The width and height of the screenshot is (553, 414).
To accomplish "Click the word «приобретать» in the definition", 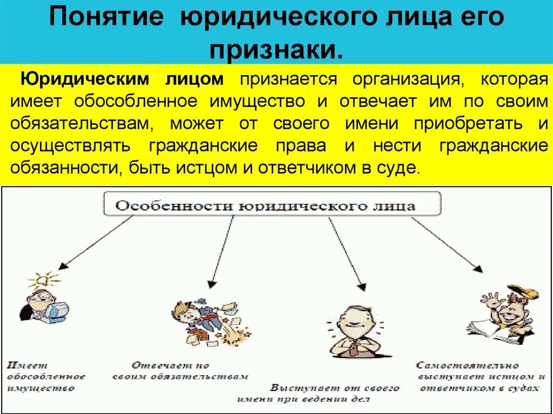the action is pyautogui.click(x=468, y=123).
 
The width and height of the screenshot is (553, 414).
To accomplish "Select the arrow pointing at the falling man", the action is pyautogui.click(x=222, y=250).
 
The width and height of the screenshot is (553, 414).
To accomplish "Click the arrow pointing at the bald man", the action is pyautogui.click(x=345, y=253).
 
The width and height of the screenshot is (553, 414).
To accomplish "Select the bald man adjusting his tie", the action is pyautogui.click(x=353, y=329).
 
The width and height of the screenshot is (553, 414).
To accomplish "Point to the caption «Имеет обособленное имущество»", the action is pyautogui.click(x=46, y=377).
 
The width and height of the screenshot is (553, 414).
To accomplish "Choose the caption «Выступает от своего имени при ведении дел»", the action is pyautogui.click(x=335, y=394).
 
